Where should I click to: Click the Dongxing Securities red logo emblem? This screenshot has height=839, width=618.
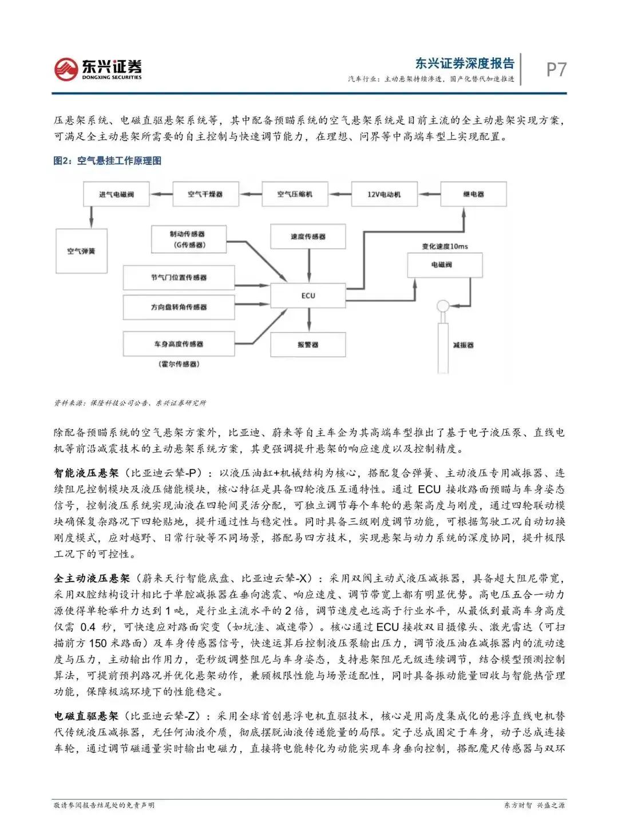(65, 69)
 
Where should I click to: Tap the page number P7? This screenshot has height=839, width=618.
(556, 69)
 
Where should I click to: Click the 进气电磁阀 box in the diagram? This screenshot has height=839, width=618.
(116, 195)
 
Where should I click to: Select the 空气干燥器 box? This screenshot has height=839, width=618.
(205, 195)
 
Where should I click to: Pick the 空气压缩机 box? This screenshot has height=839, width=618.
(295, 195)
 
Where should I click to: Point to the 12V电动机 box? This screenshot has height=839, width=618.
(384, 195)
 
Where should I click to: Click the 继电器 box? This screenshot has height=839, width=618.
(473, 195)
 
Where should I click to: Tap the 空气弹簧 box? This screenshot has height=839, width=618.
(81, 251)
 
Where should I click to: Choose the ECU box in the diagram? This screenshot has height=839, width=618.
(308, 295)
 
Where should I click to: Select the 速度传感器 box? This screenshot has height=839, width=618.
(308, 236)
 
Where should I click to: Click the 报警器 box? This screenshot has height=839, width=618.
(308, 345)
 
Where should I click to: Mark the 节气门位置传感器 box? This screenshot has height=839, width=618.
(179, 278)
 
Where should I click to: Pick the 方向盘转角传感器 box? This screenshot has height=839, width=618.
(179, 307)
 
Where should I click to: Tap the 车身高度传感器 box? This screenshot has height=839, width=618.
(179, 344)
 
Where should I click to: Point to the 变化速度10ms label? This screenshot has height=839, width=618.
(445, 246)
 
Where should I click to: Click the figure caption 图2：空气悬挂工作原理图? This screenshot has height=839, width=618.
(108, 161)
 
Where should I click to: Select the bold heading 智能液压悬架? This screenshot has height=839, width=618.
(86, 473)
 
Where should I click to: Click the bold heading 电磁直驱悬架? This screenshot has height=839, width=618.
(86, 716)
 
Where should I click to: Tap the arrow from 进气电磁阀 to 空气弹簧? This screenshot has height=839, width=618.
(91, 217)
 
